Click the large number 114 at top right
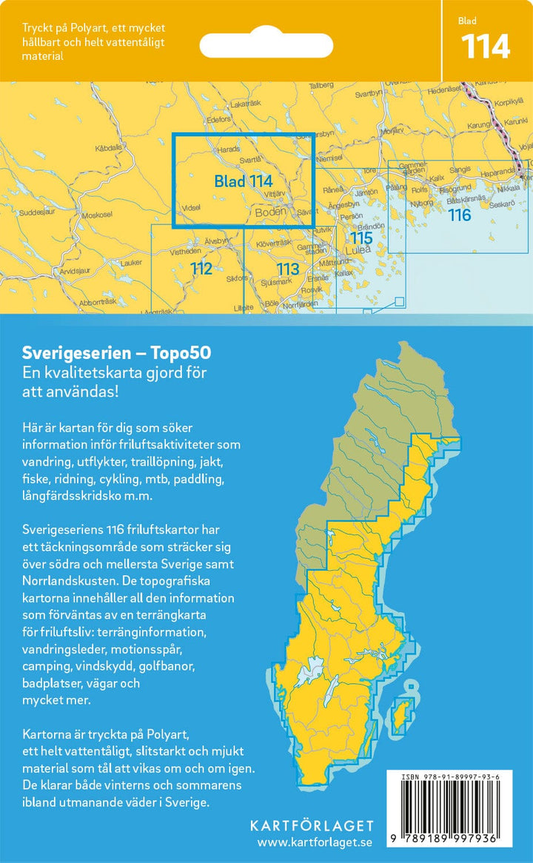pos(486,47)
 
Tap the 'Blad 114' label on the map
pos(244,181)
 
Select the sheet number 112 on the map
pos(201,269)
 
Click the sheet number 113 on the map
pos(287,269)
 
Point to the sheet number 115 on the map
pos(361,238)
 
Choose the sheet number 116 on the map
pos(459,215)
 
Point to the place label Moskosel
pos(97,215)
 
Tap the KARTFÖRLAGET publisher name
pos(312,826)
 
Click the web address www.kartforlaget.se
pos(315,842)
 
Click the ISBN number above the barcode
pos(450,776)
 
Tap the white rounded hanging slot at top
pos(273,44)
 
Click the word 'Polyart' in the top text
pos(84,28)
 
